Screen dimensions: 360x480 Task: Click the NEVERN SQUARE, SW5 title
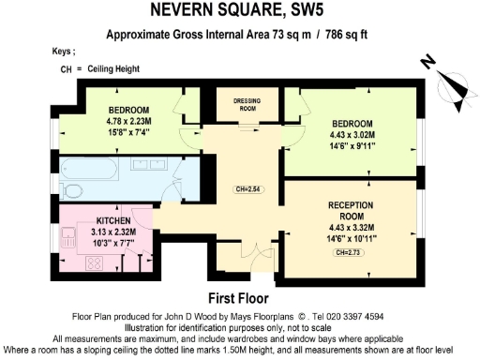238,12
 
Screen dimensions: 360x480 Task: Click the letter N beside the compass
427,63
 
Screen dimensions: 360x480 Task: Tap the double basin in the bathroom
149,169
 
